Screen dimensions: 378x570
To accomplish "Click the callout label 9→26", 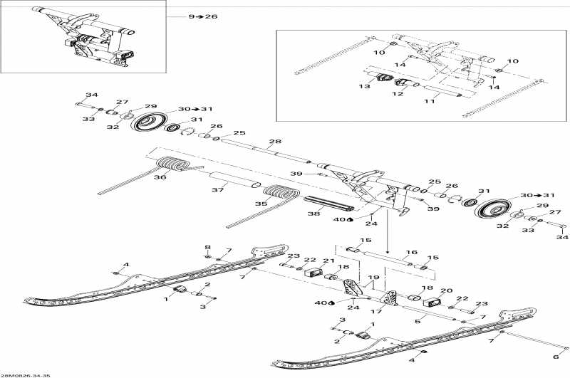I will [203, 16].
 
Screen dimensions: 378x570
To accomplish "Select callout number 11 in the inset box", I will [429, 102].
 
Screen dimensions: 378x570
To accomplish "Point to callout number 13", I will [366, 86].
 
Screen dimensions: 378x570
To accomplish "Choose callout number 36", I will [160, 177].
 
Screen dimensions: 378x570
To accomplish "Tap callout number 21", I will [328, 261].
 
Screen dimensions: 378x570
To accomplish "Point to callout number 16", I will [410, 252].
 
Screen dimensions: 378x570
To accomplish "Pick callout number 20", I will [447, 291].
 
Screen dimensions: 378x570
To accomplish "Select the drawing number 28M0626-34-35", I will [26, 374].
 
